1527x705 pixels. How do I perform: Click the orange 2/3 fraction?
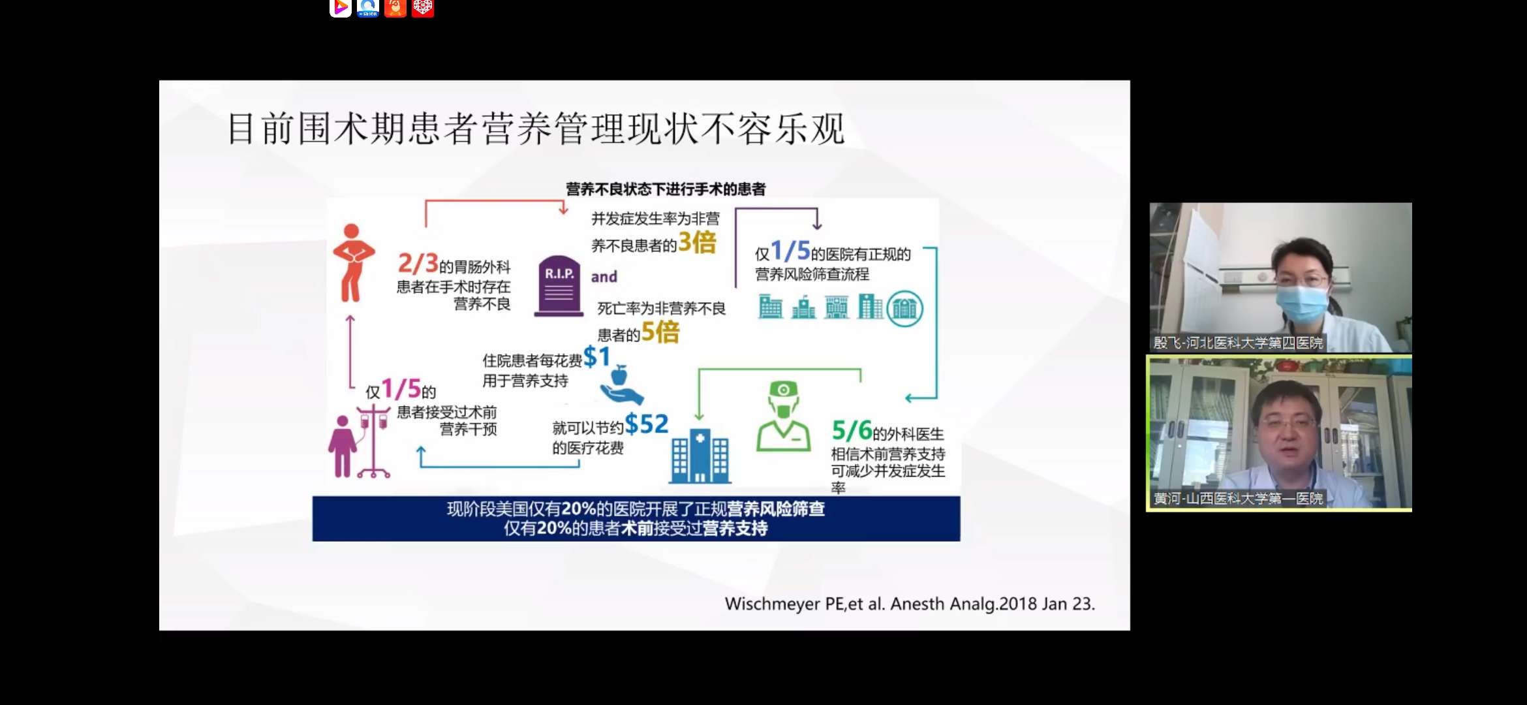418,263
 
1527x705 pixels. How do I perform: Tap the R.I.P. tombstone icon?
559,286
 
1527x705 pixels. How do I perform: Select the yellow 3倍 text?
697,242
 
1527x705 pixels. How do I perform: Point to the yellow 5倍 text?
660,332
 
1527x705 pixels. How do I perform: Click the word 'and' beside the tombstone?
604,277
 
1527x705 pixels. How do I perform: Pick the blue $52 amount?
646,424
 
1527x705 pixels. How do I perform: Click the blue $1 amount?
596,356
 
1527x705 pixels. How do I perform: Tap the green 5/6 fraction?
851,430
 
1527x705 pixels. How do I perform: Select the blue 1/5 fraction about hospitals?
790,251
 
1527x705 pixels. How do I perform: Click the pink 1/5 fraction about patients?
401,389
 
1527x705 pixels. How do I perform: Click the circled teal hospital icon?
904,308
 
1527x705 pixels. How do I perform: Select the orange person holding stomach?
353,262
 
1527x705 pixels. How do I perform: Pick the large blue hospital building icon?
700,456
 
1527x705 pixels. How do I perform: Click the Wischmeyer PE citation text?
909,604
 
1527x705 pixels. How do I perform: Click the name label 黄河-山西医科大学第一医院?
1238,499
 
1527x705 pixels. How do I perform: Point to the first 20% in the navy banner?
578,509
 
